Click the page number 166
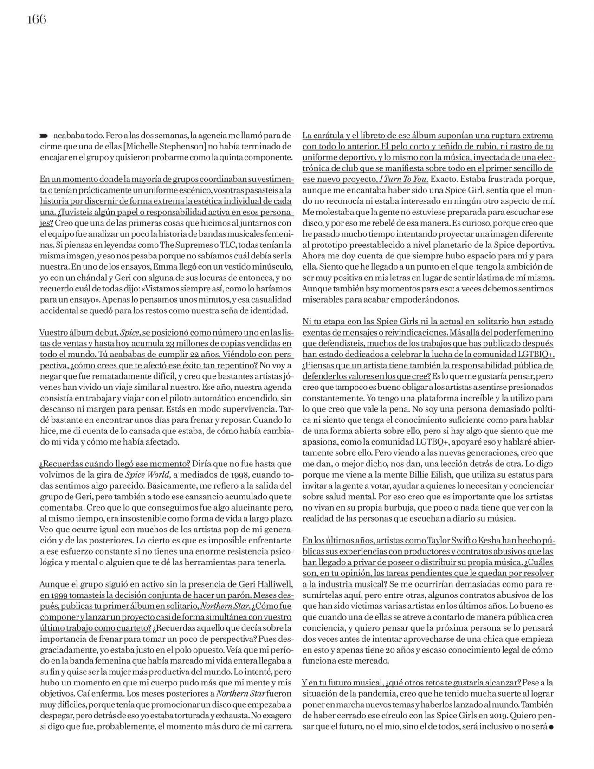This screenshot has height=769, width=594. tap(37, 19)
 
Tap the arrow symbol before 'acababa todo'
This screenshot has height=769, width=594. tap(45, 136)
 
